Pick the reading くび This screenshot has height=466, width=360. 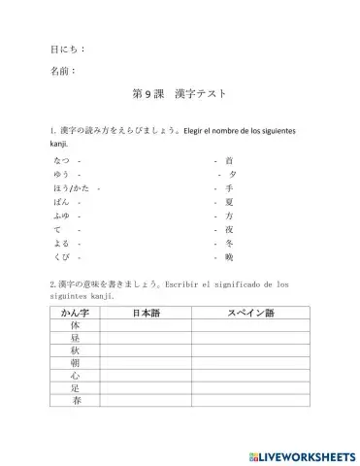[61, 258]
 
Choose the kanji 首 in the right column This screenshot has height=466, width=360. [229, 159]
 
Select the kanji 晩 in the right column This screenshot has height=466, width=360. [229, 258]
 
